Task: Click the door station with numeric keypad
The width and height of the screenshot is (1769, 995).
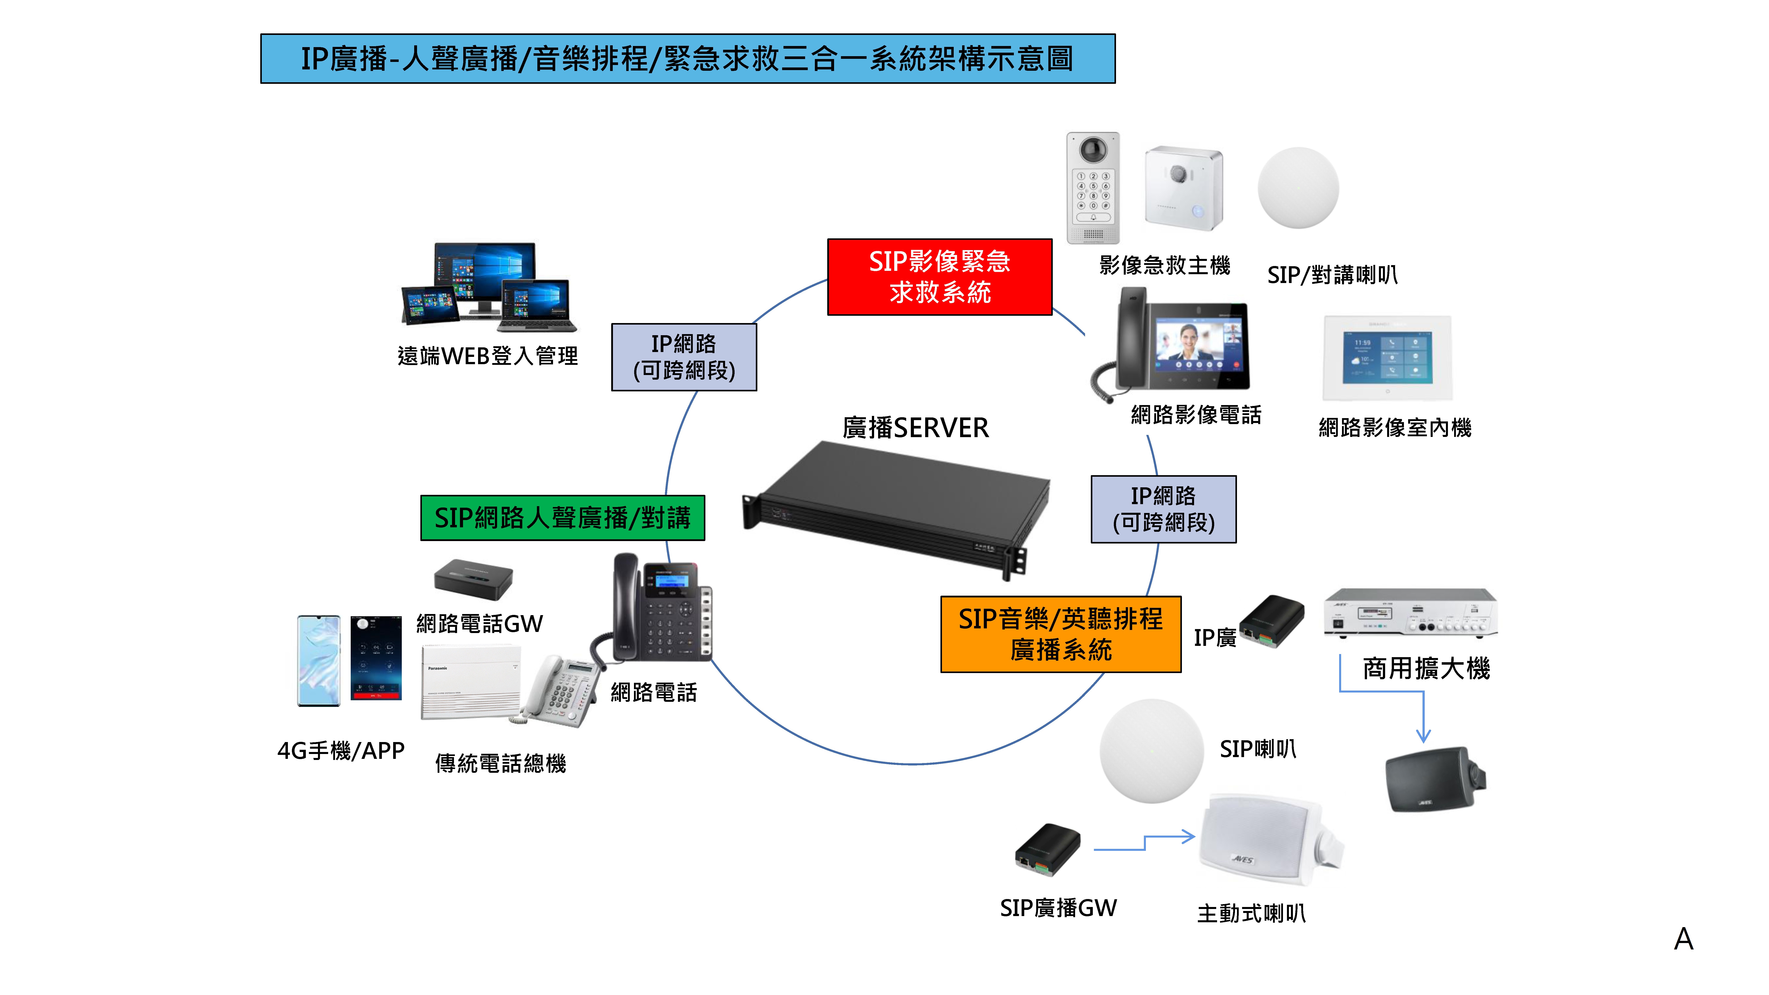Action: coord(1093,188)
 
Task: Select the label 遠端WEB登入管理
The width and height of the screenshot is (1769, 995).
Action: coord(488,356)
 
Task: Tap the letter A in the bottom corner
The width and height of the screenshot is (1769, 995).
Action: coord(1683,939)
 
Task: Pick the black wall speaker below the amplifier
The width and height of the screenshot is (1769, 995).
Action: coord(1434,779)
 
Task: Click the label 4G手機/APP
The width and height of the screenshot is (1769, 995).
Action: coord(341,750)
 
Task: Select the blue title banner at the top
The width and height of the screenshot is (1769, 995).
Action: coord(687,58)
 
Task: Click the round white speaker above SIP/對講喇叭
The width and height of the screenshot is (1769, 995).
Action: coord(1298,188)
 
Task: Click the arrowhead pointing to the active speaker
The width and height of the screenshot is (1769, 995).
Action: coord(1189,836)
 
